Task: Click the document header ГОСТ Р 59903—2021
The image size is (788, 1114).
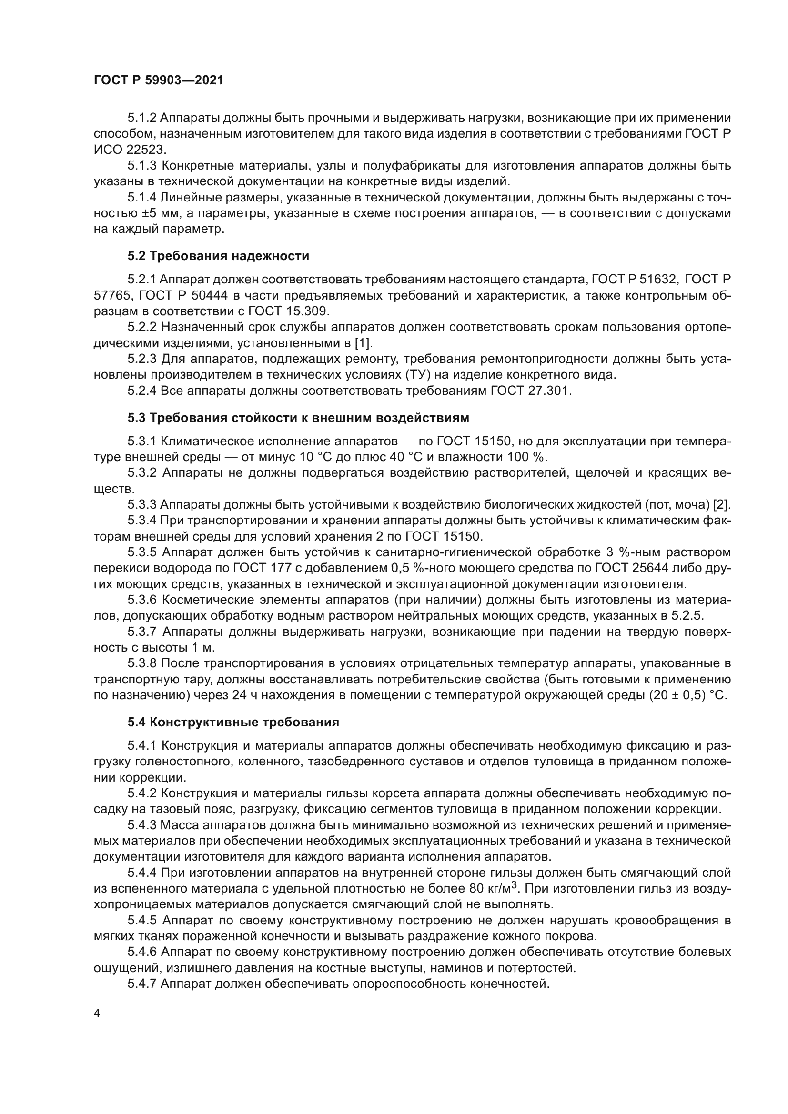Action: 158,80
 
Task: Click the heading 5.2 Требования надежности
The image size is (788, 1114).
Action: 218,256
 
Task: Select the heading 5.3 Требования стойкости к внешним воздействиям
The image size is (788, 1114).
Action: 298,418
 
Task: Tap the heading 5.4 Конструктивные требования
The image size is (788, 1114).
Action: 233,722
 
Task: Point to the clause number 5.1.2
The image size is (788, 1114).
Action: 141,118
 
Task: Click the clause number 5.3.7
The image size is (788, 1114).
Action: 141,632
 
